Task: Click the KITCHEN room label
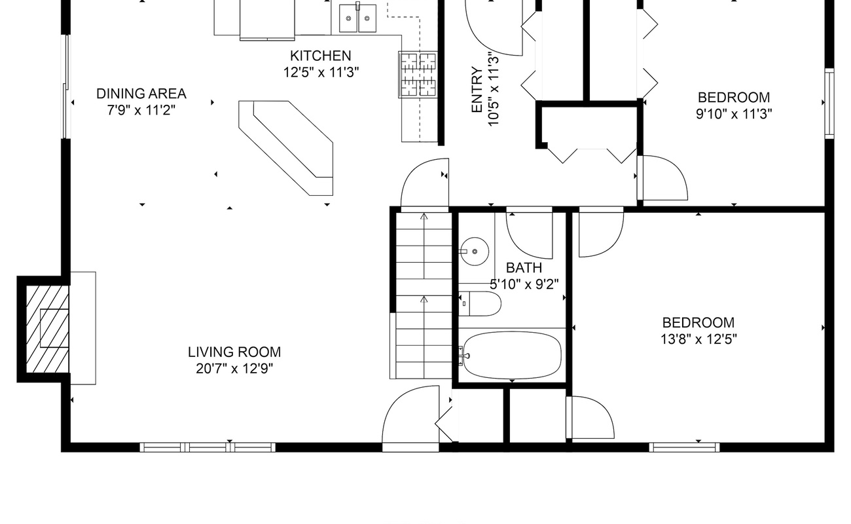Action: pos(321,56)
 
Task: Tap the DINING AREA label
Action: pos(141,94)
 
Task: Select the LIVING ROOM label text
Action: pos(234,352)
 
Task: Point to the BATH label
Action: pos(524,268)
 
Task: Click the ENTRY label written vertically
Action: pos(477,90)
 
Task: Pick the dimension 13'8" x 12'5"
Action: pos(698,339)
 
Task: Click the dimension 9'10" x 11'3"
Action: pos(734,114)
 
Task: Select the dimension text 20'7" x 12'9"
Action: pos(234,369)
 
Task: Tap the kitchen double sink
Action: pos(357,18)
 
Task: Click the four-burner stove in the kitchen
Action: pos(418,75)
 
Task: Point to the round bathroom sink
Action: pos(475,251)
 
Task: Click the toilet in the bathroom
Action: pos(480,303)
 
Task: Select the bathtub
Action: pos(512,355)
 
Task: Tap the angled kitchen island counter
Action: pos(286,148)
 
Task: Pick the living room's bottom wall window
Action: pos(208,447)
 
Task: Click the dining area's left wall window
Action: pos(67,86)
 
